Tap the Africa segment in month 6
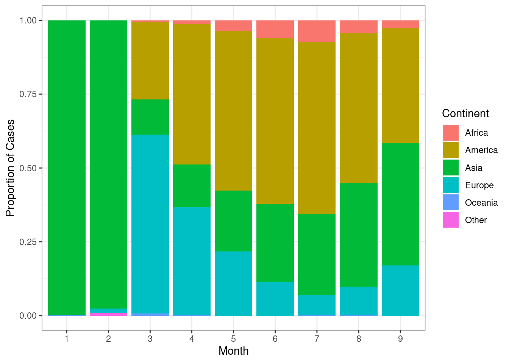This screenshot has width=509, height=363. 275,29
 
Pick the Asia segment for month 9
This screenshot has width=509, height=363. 400,204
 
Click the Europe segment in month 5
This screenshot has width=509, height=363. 233,283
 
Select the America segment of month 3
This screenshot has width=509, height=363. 150,61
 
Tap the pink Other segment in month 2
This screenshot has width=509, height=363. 108,314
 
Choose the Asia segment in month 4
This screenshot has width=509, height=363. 192,186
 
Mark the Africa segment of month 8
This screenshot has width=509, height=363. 358,26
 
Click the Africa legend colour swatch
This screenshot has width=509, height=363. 450,133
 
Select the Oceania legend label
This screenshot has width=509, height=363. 481,203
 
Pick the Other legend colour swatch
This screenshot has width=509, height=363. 450,220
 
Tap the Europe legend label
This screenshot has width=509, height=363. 479,185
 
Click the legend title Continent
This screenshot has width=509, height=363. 465,113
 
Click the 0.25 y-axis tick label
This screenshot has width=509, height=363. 28,242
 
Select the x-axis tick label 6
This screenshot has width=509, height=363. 275,339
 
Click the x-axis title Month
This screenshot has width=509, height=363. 233,351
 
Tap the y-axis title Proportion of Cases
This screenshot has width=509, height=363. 10,168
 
